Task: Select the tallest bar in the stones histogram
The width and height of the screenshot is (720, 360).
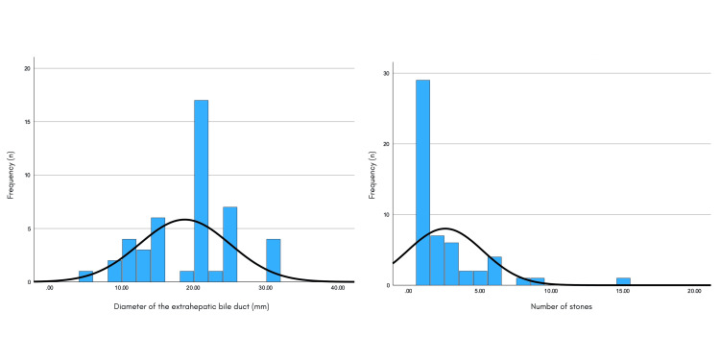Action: click(422, 182)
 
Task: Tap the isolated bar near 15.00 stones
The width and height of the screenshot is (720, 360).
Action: click(623, 281)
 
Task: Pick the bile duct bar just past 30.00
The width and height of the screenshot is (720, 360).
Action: click(273, 260)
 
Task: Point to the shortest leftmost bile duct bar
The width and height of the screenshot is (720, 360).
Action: click(85, 276)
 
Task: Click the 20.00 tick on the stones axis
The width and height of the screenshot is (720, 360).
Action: click(694, 291)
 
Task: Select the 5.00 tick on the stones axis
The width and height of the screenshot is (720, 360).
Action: click(480, 291)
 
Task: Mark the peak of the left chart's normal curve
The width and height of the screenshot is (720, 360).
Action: click(185, 220)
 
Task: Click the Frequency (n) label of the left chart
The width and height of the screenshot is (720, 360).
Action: click(12, 175)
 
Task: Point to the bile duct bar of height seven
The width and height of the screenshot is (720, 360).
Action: click(229, 244)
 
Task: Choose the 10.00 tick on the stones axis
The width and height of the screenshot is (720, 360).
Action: click(551, 291)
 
